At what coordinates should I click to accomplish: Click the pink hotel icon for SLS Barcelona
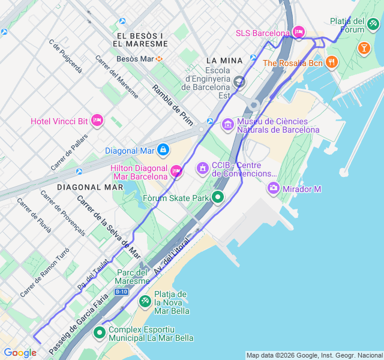(x=299, y=32)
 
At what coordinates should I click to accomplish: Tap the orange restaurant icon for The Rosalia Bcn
(x=332, y=62)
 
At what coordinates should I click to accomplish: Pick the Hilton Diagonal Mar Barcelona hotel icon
(x=176, y=172)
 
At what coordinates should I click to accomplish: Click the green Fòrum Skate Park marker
(x=218, y=197)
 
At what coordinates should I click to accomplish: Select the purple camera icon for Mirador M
(x=274, y=188)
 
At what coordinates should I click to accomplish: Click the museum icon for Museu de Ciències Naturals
(x=227, y=125)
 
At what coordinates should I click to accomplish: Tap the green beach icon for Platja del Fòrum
(x=373, y=24)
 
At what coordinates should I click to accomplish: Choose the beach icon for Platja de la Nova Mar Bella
(x=145, y=301)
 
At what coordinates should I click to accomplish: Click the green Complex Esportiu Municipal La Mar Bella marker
(x=99, y=332)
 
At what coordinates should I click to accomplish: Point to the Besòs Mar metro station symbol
(x=160, y=59)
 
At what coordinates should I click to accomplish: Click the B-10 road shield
(x=122, y=292)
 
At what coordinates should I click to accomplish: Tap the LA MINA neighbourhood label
(x=224, y=61)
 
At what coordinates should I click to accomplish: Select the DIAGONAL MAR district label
(x=90, y=187)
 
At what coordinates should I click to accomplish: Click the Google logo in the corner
(x=20, y=353)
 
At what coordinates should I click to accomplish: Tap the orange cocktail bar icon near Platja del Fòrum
(x=364, y=47)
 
